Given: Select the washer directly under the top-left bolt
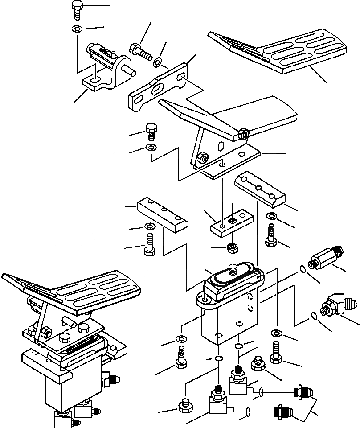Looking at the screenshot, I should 76,29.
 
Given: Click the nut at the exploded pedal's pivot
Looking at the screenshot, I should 243,133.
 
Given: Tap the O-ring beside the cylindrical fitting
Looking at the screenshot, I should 303,269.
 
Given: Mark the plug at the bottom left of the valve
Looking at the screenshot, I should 184,405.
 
